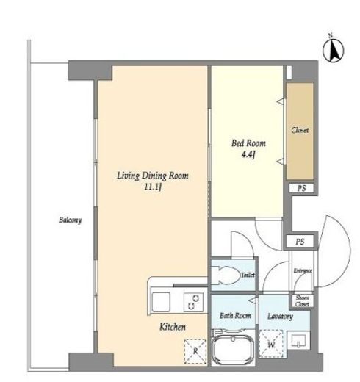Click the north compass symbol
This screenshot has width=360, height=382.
click(333, 49)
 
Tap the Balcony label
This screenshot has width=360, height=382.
click(70, 220)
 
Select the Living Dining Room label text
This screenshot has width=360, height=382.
click(153, 176)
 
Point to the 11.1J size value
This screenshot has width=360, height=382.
click(153, 187)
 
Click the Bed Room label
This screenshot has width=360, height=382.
click(248, 143)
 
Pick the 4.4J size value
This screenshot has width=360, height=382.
click(248, 155)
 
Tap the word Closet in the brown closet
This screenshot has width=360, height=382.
click(300, 130)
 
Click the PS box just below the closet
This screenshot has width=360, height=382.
click(301, 188)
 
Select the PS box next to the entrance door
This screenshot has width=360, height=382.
click(300, 242)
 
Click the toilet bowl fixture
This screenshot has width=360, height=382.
click(226, 275)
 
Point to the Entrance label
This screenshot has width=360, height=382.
click(303, 270)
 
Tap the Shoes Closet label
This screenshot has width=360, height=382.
click(302, 301)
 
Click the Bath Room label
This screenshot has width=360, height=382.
click(235, 315)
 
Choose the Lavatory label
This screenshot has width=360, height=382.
click(280, 316)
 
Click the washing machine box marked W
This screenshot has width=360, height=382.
click(271, 344)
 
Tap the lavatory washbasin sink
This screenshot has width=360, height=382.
click(298, 341)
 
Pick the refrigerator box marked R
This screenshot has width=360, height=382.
click(195, 351)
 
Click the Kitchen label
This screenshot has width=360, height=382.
click(173, 327)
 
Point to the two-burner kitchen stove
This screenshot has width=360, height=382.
click(193, 302)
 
